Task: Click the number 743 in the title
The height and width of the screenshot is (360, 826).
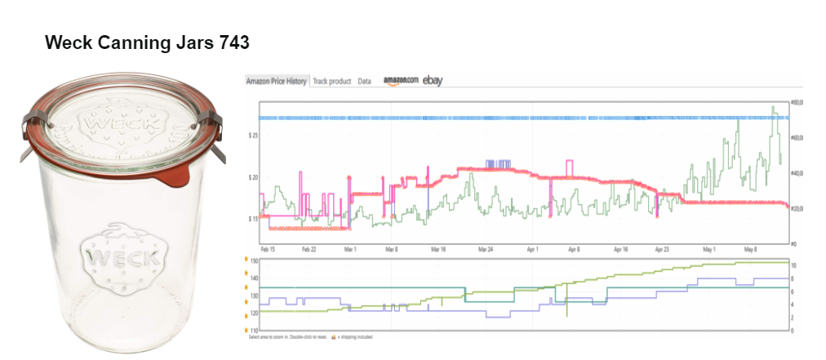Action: tap(234, 42)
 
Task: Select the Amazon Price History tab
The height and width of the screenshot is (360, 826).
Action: tap(277, 82)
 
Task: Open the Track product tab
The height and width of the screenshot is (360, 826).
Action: tap(332, 82)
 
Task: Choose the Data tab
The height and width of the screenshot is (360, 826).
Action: tap(364, 82)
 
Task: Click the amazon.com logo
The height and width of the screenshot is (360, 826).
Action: tap(401, 81)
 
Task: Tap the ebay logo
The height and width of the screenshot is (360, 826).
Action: tap(433, 80)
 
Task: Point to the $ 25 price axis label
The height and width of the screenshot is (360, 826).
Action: tap(252, 135)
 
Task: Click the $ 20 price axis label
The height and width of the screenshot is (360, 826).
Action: tap(252, 177)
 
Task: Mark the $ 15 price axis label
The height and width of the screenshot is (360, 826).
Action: tap(252, 219)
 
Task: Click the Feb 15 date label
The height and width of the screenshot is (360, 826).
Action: tap(267, 248)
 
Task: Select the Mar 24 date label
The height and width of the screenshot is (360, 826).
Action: tap(486, 248)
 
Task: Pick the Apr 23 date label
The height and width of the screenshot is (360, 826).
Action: tap(661, 248)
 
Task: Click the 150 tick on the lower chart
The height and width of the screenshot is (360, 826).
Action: tap(254, 260)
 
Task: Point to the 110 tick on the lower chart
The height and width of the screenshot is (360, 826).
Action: tap(254, 330)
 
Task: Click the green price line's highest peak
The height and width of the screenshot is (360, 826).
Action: tap(773, 107)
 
